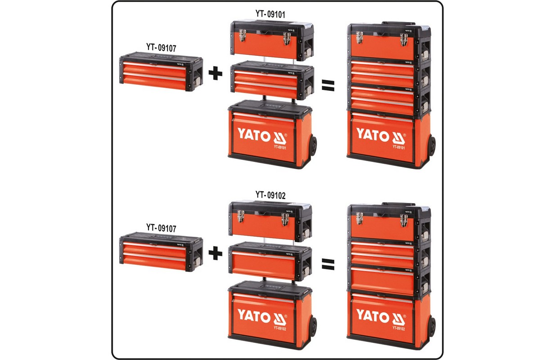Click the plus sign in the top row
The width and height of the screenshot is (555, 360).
click(216, 73)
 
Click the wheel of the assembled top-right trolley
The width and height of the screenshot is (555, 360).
click(432, 146)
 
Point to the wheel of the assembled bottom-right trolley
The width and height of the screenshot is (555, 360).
click(432, 326)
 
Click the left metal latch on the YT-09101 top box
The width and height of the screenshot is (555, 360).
click(242, 36)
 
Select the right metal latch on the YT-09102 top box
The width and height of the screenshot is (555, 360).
click(285, 219)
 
